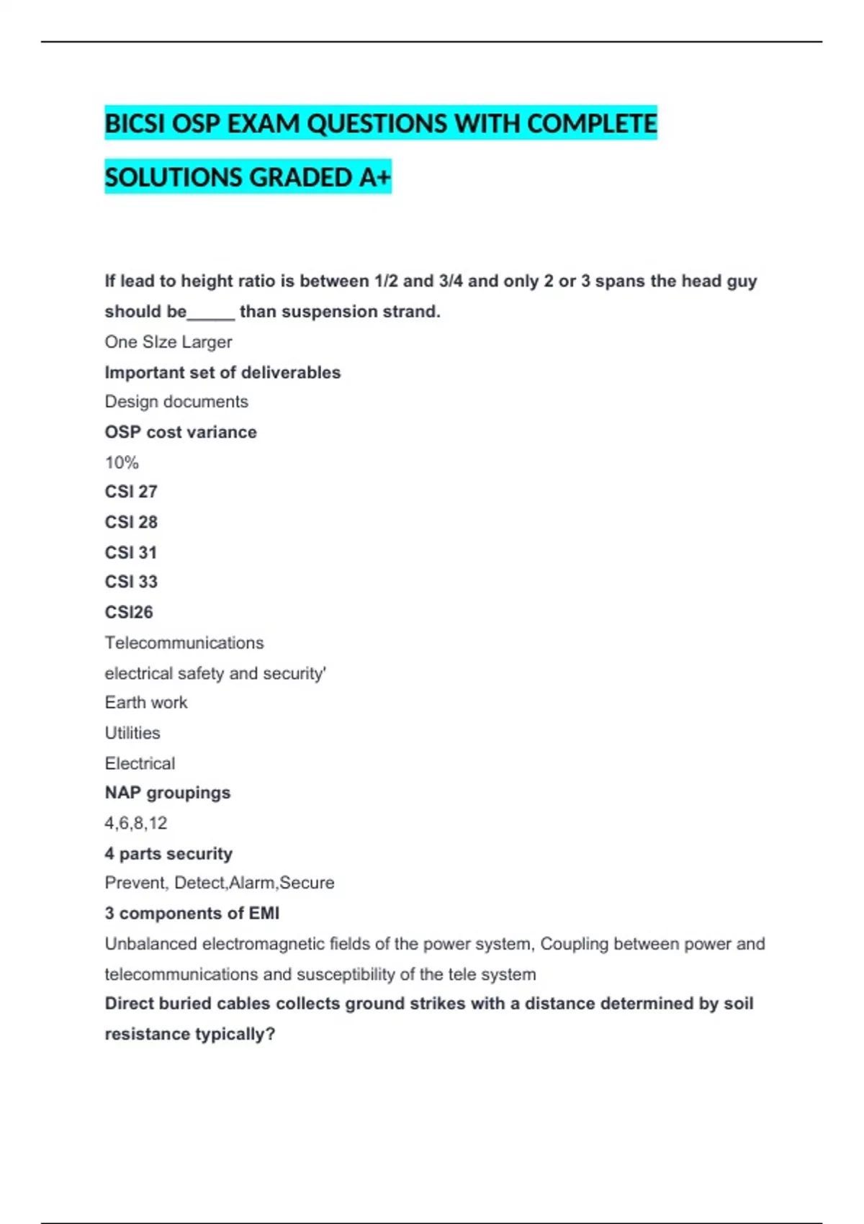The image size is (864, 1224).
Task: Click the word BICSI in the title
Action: point(136,124)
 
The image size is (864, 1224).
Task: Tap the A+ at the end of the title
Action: point(374,177)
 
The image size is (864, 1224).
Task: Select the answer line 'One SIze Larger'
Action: point(168,342)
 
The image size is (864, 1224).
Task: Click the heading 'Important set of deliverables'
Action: point(222,372)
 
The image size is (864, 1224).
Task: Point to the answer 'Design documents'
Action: point(176,402)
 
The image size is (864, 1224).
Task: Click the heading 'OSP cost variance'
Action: point(181,432)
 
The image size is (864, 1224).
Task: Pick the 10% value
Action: point(122,462)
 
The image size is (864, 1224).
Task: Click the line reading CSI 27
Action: point(131,492)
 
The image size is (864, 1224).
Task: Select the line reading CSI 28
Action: point(131,522)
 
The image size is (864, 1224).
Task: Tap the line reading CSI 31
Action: point(131,552)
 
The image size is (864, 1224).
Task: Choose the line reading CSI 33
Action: point(131,582)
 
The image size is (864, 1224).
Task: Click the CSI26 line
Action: point(129,612)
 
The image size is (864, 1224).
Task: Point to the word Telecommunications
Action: point(184,642)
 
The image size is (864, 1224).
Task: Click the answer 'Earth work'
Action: point(146,703)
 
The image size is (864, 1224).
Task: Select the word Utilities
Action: point(132,733)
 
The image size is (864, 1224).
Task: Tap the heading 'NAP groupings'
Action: point(168,793)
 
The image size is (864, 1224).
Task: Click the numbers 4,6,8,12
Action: point(136,823)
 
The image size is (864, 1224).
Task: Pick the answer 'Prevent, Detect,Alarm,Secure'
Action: point(220,883)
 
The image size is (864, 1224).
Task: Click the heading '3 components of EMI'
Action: point(192,913)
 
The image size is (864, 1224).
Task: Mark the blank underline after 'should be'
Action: point(211,317)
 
